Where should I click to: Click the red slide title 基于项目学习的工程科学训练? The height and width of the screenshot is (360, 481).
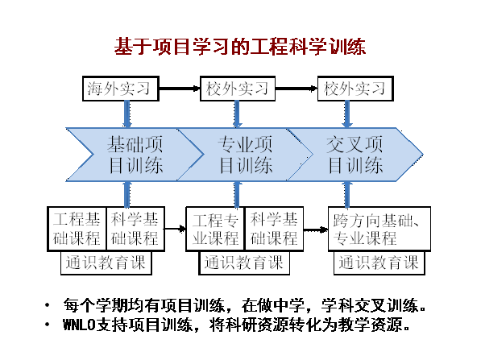(x=240, y=47)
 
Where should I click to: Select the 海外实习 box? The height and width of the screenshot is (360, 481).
(x=121, y=89)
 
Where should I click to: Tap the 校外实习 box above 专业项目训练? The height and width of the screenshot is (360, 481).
(x=238, y=89)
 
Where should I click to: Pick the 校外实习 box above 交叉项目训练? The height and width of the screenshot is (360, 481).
(x=355, y=89)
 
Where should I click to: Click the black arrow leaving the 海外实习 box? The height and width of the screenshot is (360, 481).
(x=180, y=89)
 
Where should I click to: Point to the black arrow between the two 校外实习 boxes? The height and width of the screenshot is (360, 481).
(x=296, y=89)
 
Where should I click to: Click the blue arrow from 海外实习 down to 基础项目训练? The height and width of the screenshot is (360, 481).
(x=126, y=114)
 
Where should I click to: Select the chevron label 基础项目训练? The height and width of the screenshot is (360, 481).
(x=135, y=155)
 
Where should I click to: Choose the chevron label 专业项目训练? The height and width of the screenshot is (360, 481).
(x=246, y=155)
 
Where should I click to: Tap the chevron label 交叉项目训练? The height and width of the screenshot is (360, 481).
(x=355, y=155)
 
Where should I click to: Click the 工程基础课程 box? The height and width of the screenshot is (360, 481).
(x=77, y=229)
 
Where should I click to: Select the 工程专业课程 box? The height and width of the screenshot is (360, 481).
(x=215, y=229)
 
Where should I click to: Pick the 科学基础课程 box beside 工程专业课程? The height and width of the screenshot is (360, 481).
(x=274, y=229)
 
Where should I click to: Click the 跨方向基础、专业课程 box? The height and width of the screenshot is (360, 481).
(x=379, y=229)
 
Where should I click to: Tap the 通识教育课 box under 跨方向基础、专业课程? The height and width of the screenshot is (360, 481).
(x=379, y=263)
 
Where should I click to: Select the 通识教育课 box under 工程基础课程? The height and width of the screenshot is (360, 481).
(x=106, y=263)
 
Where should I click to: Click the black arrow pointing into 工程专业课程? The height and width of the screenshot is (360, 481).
(x=175, y=229)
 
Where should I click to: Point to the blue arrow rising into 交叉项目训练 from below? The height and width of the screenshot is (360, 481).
(x=347, y=194)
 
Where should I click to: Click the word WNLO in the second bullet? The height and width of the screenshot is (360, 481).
(x=79, y=325)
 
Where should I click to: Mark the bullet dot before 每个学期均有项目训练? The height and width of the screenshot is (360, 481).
(x=47, y=305)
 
